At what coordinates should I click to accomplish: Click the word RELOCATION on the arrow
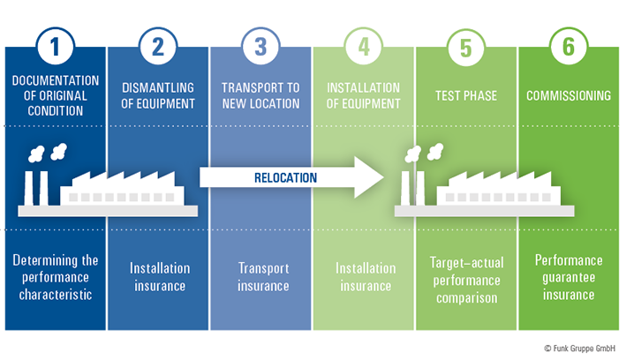(281, 177)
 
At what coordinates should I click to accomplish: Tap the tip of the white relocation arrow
(381, 177)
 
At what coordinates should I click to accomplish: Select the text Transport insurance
(263, 276)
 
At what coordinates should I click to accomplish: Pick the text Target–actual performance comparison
(466, 280)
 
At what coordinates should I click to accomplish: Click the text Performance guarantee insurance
(569, 277)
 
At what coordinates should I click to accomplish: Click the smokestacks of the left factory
(37, 190)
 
